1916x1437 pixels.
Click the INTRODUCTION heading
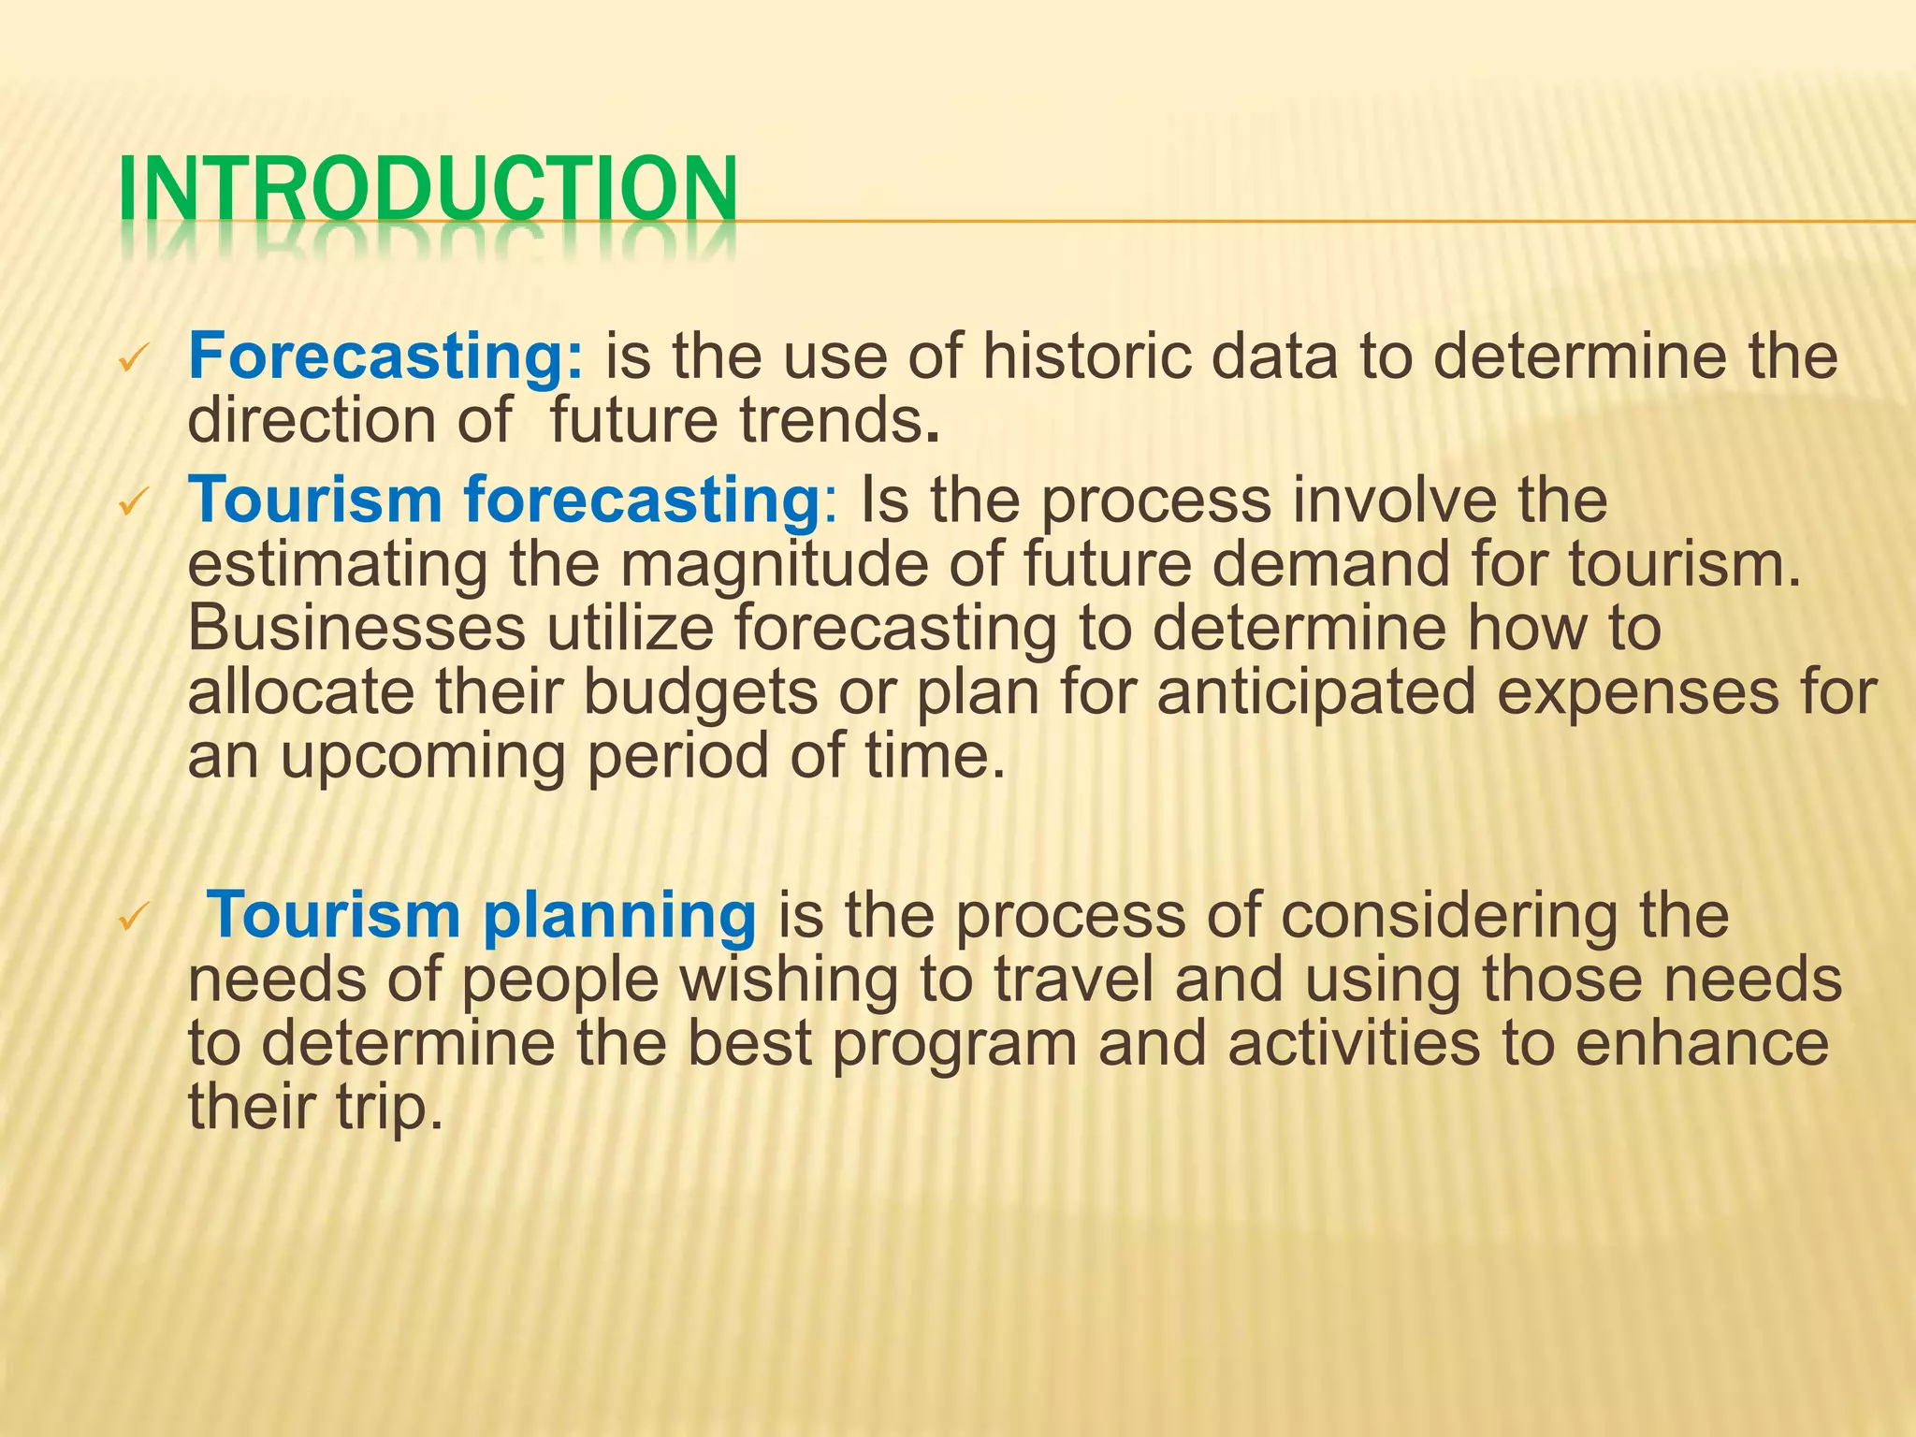pos(428,192)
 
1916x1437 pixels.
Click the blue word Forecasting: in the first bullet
pos(386,357)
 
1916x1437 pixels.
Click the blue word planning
pos(619,917)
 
